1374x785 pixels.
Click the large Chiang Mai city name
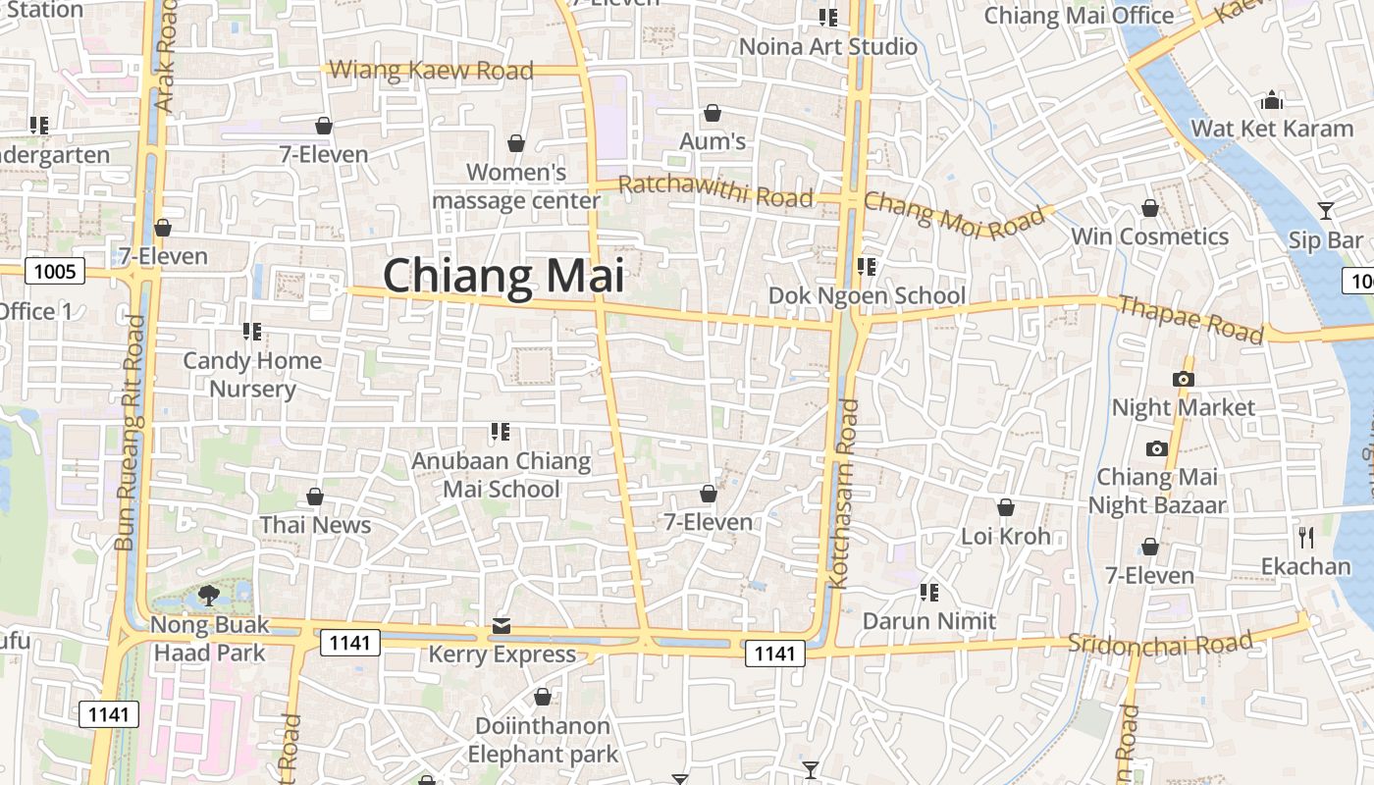(x=502, y=276)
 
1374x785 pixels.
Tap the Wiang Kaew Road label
(x=432, y=70)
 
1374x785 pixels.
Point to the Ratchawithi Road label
(x=715, y=189)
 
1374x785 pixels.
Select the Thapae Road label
(x=1190, y=319)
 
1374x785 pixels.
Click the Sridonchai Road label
(x=1160, y=644)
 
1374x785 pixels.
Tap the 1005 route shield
(x=55, y=271)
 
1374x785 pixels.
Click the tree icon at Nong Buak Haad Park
(x=208, y=594)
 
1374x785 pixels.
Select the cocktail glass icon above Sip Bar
(x=1326, y=210)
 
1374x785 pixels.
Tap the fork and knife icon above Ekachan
(x=1305, y=537)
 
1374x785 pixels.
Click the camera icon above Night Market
(x=1183, y=379)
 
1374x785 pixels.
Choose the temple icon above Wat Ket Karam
(x=1272, y=100)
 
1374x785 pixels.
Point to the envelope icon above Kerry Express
(x=502, y=625)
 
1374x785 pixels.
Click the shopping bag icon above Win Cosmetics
(x=1150, y=208)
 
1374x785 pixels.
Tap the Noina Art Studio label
(x=827, y=46)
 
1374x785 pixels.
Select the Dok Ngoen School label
(x=867, y=295)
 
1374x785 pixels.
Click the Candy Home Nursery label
(x=252, y=375)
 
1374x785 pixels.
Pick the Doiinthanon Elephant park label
(x=543, y=740)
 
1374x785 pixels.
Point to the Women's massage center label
(x=516, y=186)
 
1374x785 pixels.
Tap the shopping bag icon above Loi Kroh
(x=1006, y=507)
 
